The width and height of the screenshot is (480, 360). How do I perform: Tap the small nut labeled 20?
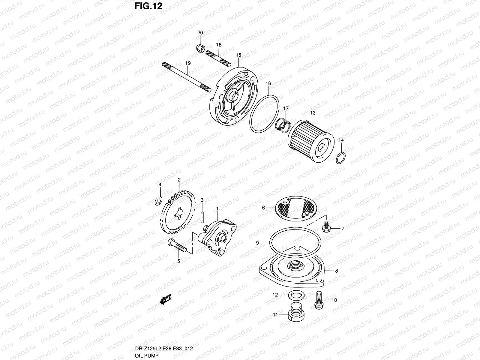pyautogui.click(x=201, y=48)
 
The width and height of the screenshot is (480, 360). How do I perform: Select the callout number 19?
pyautogui.click(x=188, y=63)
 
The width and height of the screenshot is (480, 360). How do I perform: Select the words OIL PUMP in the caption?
pyautogui.click(x=147, y=355)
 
